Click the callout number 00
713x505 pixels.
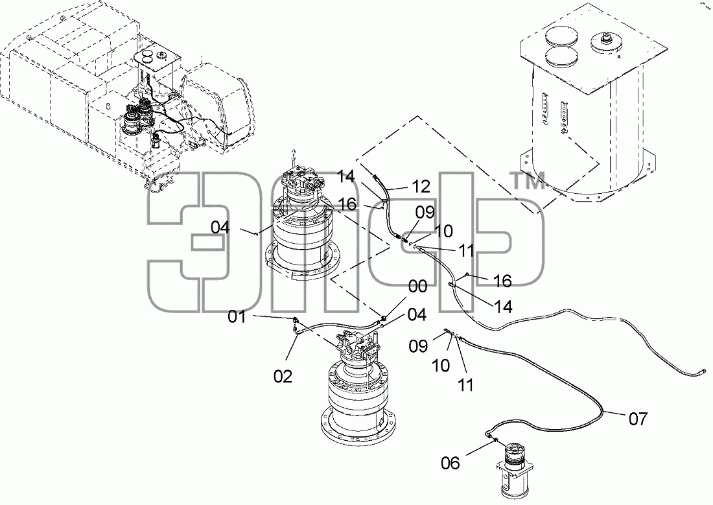click(x=418, y=287)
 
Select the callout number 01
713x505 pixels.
click(x=237, y=316)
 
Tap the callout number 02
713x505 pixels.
click(x=283, y=376)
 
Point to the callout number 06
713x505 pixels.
click(x=450, y=463)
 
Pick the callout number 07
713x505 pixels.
click(x=638, y=419)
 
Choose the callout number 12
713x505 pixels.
click(x=421, y=186)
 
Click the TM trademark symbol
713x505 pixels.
click(x=528, y=182)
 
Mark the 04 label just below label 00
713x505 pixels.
click(x=417, y=314)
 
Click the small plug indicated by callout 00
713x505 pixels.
click(x=384, y=317)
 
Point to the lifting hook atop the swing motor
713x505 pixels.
click(x=294, y=153)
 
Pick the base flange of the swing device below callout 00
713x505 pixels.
click(x=357, y=425)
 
